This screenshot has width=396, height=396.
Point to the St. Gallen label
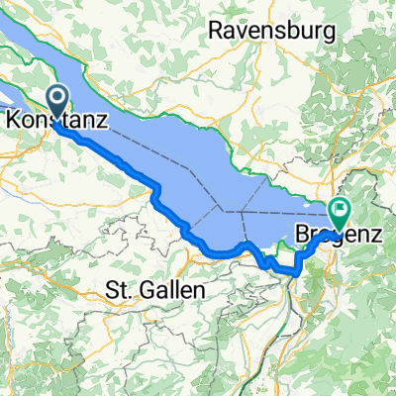click(x=154, y=291)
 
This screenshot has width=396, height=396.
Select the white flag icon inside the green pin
click(x=342, y=209)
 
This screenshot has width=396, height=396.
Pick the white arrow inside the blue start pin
click(x=57, y=98)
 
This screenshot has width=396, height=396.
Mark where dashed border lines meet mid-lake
click(x=226, y=211)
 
